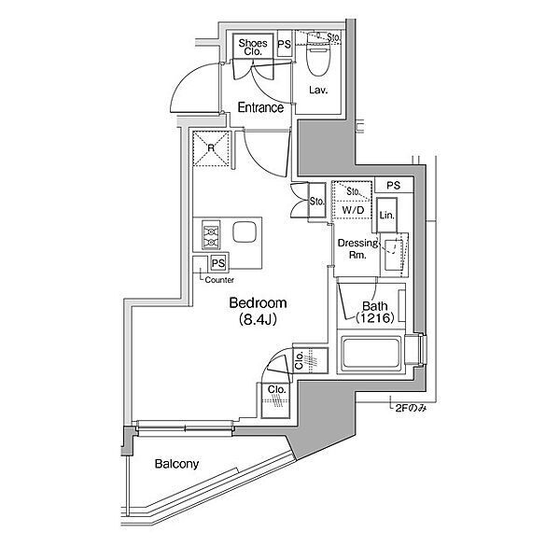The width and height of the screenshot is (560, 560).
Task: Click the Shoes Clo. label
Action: (x=253, y=48)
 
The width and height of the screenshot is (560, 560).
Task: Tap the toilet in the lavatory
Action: (x=317, y=54)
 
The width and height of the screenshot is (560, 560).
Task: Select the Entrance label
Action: (x=260, y=107)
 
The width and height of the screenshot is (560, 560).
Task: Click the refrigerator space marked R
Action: (x=211, y=148)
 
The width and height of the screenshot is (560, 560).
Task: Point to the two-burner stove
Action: (x=211, y=234)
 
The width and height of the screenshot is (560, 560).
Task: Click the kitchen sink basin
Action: (x=245, y=232)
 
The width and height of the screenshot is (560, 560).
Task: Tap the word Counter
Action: (x=219, y=280)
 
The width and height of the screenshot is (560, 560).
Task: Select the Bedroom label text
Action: (x=258, y=302)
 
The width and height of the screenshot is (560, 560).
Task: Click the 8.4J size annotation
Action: (x=258, y=319)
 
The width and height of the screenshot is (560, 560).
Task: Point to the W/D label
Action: (x=353, y=210)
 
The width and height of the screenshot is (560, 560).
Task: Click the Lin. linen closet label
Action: (x=386, y=216)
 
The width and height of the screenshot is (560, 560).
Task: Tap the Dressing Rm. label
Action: (x=357, y=249)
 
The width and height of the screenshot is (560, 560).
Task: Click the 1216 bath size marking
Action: (x=375, y=317)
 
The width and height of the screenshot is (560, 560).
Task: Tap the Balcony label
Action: (x=176, y=464)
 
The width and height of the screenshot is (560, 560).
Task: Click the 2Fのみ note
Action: (x=411, y=408)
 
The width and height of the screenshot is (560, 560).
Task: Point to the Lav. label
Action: (x=318, y=90)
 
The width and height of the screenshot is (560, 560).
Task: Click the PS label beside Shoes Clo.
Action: (x=285, y=44)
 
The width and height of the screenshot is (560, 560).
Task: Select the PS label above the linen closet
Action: (x=394, y=186)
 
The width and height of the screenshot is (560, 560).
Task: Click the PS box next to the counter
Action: (x=218, y=263)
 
